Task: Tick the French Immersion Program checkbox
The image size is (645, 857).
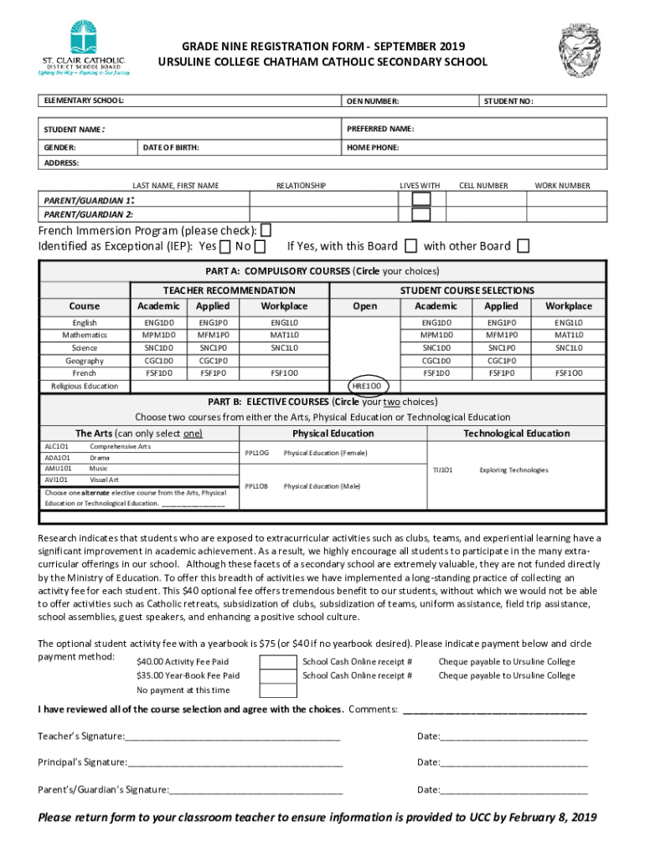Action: tap(266, 230)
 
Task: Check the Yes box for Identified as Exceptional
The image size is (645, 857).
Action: tap(225, 246)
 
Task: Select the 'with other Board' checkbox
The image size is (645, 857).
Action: tap(523, 246)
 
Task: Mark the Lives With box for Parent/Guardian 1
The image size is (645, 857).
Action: tap(421, 199)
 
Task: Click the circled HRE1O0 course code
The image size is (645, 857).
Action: tap(365, 386)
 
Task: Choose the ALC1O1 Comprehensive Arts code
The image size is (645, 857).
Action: tap(58, 447)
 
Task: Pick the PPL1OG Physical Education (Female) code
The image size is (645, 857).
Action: tap(256, 453)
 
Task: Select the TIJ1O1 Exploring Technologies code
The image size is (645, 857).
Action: tap(442, 470)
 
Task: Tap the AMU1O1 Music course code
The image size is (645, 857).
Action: tap(58, 469)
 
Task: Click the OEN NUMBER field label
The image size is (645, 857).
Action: tap(373, 101)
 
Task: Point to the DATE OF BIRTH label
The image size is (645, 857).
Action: tap(170, 147)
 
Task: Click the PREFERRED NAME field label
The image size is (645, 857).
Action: tap(379, 129)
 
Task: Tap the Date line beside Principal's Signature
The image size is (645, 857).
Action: tap(513, 762)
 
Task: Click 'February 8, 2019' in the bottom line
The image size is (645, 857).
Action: tap(553, 818)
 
